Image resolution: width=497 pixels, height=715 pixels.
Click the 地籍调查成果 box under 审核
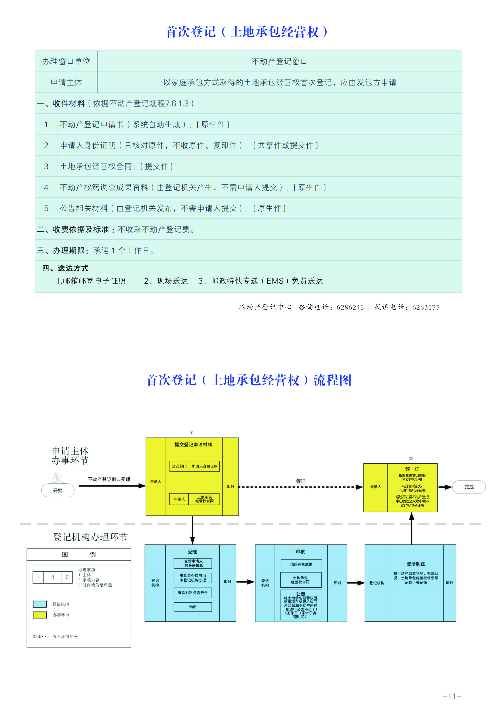[x=301, y=564]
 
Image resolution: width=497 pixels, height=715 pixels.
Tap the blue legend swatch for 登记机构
[x=40, y=604]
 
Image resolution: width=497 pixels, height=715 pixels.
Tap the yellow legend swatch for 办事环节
[x=40, y=615]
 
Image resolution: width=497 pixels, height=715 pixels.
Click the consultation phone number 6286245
[x=350, y=307]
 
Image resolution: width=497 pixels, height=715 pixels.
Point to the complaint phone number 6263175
[x=426, y=307]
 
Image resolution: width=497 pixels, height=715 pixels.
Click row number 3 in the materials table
[x=46, y=166]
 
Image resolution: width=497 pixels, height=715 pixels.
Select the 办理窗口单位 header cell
[x=66, y=61]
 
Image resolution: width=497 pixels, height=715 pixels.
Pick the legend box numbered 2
[x=53, y=577]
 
